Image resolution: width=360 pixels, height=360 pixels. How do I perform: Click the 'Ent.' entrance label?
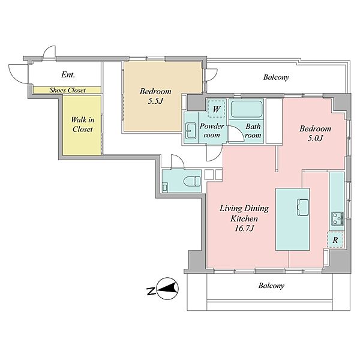[68, 74]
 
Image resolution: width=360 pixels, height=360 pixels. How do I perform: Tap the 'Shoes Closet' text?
[67, 90]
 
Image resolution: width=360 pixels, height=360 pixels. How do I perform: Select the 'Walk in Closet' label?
[82, 124]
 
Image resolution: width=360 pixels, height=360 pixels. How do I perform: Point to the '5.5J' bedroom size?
[155, 101]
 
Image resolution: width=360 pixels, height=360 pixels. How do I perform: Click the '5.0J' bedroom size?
[315, 138]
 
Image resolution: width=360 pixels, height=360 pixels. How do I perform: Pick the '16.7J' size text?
[244, 228]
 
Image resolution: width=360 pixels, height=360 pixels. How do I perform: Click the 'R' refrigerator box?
[335, 240]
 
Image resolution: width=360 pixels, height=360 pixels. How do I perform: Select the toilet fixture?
[192, 181]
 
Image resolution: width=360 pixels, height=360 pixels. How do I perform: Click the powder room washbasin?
[191, 131]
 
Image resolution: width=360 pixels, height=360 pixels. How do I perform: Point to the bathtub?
[247, 109]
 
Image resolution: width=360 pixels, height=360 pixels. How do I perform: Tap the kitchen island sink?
[303, 208]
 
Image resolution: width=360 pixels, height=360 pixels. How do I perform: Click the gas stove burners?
[337, 219]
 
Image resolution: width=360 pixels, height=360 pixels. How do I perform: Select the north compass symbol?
[166, 289]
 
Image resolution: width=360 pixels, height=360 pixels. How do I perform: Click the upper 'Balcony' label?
[276, 77]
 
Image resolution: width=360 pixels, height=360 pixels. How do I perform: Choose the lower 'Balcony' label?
[271, 286]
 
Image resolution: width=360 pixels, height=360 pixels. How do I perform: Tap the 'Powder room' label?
[212, 131]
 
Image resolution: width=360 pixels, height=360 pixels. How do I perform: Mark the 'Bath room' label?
[253, 131]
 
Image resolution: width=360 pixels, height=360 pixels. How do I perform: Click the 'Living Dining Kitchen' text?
[244, 213]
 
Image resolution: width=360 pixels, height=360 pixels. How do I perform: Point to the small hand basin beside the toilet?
[165, 187]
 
